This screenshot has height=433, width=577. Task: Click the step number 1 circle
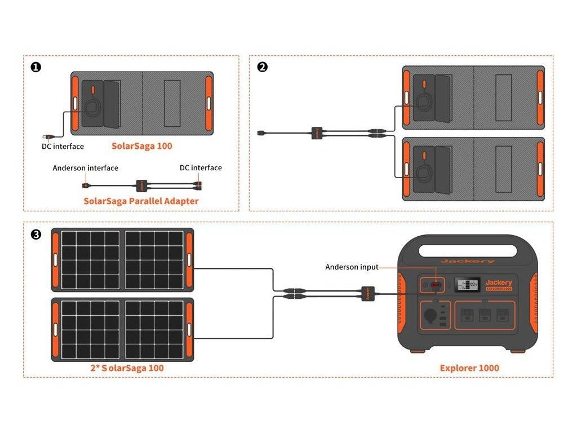[36, 67]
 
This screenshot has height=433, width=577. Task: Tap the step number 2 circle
[262, 67]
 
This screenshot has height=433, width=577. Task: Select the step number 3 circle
[36, 234]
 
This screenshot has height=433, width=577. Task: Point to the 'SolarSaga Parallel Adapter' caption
[141, 201]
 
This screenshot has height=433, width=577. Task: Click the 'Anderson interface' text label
[86, 168]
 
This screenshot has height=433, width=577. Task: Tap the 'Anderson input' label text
[352, 267]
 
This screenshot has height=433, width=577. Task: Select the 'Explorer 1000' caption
[469, 368]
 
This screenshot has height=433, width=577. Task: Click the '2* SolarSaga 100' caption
[127, 368]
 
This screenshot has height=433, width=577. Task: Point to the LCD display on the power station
[468, 285]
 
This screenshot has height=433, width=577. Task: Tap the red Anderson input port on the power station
[435, 286]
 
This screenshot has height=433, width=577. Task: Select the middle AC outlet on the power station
[485, 315]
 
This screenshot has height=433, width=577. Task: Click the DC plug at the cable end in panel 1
[47, 136]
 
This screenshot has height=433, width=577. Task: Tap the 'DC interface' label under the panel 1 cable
[63, 147]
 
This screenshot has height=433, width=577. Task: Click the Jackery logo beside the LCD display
[499, 282]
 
